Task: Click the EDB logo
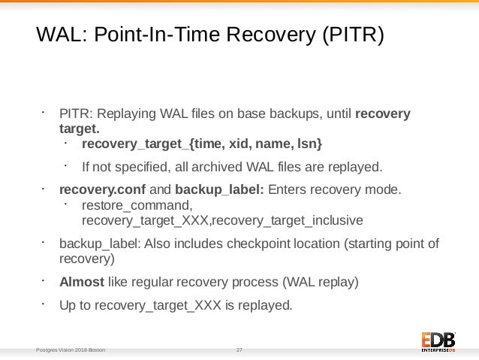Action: (x=438, y=340)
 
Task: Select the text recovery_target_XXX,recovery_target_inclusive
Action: (x=222, y=220)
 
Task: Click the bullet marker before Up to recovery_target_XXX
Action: (x=44, y=304)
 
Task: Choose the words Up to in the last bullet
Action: (x=75, y=306)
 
